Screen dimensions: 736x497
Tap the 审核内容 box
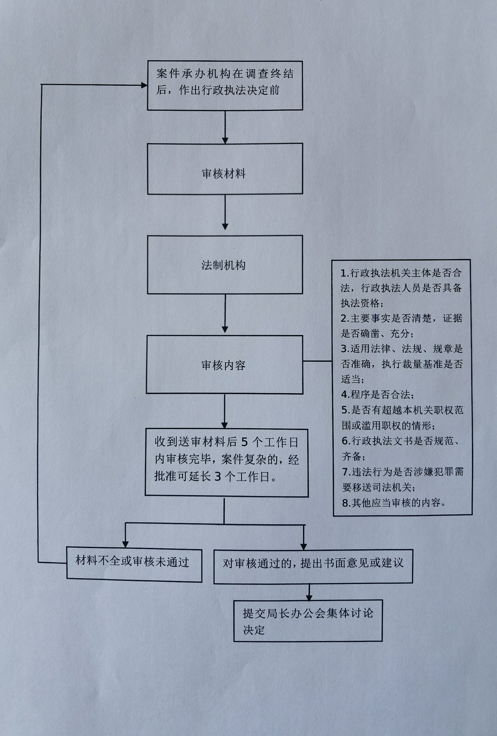(x=224, y=365)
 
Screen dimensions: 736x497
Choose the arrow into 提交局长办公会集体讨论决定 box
(x=309, y=593)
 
